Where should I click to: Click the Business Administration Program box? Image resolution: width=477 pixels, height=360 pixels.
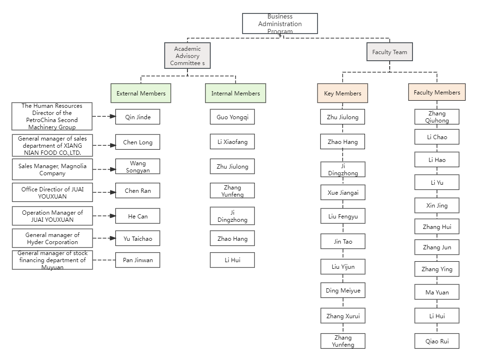click(280, 24)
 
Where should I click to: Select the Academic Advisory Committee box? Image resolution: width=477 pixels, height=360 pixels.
click(187, 56)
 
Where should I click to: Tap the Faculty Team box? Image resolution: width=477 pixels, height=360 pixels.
click(389, 52)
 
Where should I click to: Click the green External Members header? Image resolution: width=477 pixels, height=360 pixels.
click(140, 93)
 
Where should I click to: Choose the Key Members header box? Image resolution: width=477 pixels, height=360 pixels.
click(342, 93)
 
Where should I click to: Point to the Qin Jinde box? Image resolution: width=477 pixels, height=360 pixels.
click(138, 117)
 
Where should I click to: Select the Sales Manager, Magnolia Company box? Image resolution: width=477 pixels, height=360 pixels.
click(53, 170)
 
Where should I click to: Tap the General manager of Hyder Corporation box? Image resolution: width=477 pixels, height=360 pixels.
click(53, 238)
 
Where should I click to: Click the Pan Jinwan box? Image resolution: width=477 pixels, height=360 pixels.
click(138, 260)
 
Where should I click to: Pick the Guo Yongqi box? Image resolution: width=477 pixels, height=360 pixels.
click(232, 117)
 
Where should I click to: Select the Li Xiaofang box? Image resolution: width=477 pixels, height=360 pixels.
click(232, 142)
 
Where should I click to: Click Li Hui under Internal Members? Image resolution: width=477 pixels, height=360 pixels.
click(232, 260)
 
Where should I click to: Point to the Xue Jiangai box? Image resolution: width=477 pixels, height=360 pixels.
click(343, 192)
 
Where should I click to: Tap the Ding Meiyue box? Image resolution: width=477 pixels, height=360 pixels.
click(343, 290)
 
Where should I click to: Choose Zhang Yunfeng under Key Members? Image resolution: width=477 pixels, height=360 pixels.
click(343, 341)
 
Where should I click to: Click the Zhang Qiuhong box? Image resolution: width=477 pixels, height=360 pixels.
click(437, 117)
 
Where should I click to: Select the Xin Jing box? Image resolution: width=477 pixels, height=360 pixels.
click(437, 206)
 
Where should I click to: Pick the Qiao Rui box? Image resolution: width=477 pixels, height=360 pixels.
click(437, 341)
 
